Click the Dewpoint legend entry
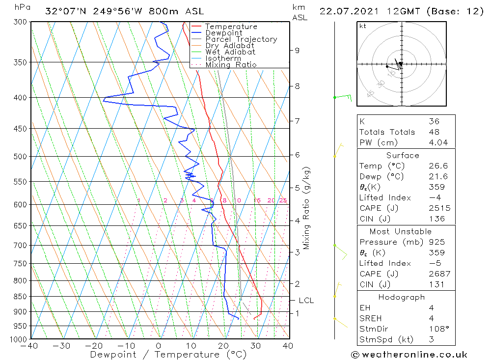pyautogui.click(x=223, y=33)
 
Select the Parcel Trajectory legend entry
pyautogui.click(x=241, y=39)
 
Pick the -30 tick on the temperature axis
pyautogui.click(x=62, y=346)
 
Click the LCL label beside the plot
pyautogui.click(x=306, y=301)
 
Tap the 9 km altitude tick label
pyautogui.click(x=297, y=50)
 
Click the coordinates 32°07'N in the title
pyautogui.click(x=66, y=11)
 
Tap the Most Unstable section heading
pyautogui.click(x=401, y=231)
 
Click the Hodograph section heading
pyautogui.click(x=402, y=297)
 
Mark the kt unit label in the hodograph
pyautogui.click(x=363, y=26)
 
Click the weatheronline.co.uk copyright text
pyautogui.click(x=409, y=354)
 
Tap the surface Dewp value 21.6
pyautogui.click(x=438, y=176)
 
